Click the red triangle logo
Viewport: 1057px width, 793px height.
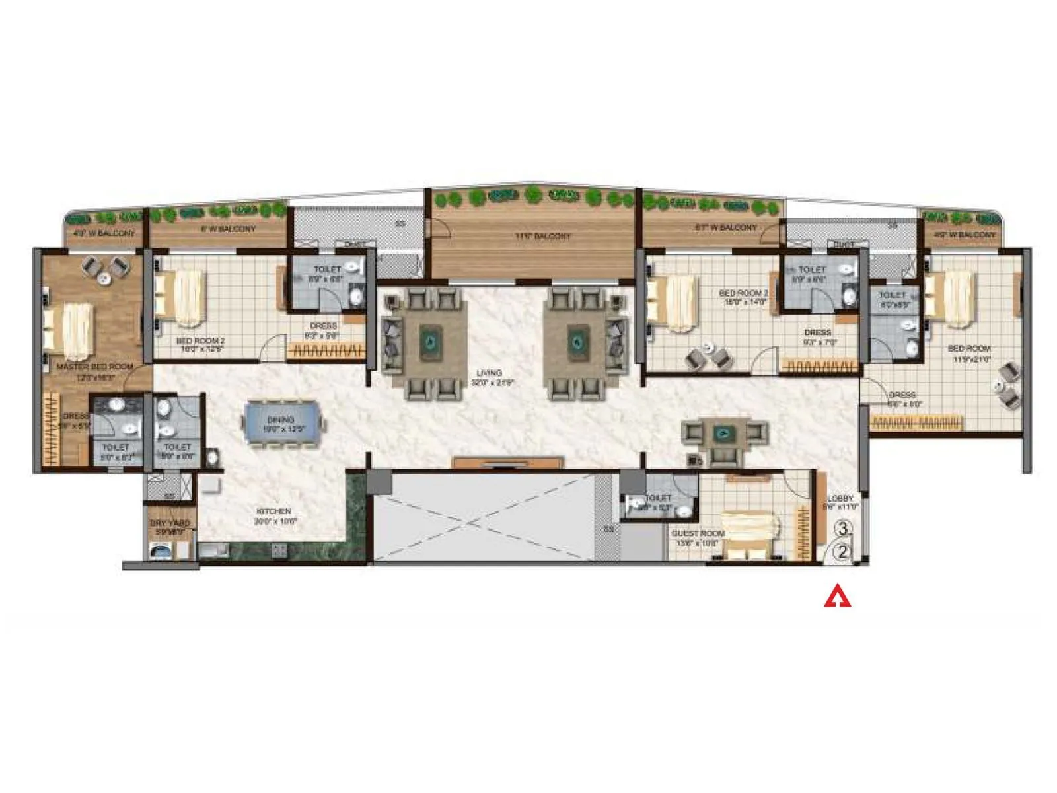(x=837, y=596)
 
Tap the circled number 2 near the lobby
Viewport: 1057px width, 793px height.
(x=842, y=552)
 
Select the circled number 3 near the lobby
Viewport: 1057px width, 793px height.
(x=843, y=529)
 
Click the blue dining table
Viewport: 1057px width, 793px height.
(x=285, y=422)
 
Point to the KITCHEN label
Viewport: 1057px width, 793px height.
(x=273, y=511)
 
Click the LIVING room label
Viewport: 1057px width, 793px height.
(x=490, y=373)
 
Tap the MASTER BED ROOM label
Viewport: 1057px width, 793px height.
(x=94, y=367)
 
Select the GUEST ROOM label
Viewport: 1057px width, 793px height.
(x=698, y=533)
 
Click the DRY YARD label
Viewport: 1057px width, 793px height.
(x=170, y=523)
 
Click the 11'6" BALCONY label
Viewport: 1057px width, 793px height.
(x=543, y=236)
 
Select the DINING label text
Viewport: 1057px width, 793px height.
(x=281, y=420)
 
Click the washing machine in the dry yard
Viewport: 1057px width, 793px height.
(x=161, y=550)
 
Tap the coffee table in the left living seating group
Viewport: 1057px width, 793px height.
(x=431, y=342)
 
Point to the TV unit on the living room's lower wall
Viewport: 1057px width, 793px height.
(x=507, y=462)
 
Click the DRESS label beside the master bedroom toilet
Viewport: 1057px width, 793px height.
(x=75, y=416)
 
